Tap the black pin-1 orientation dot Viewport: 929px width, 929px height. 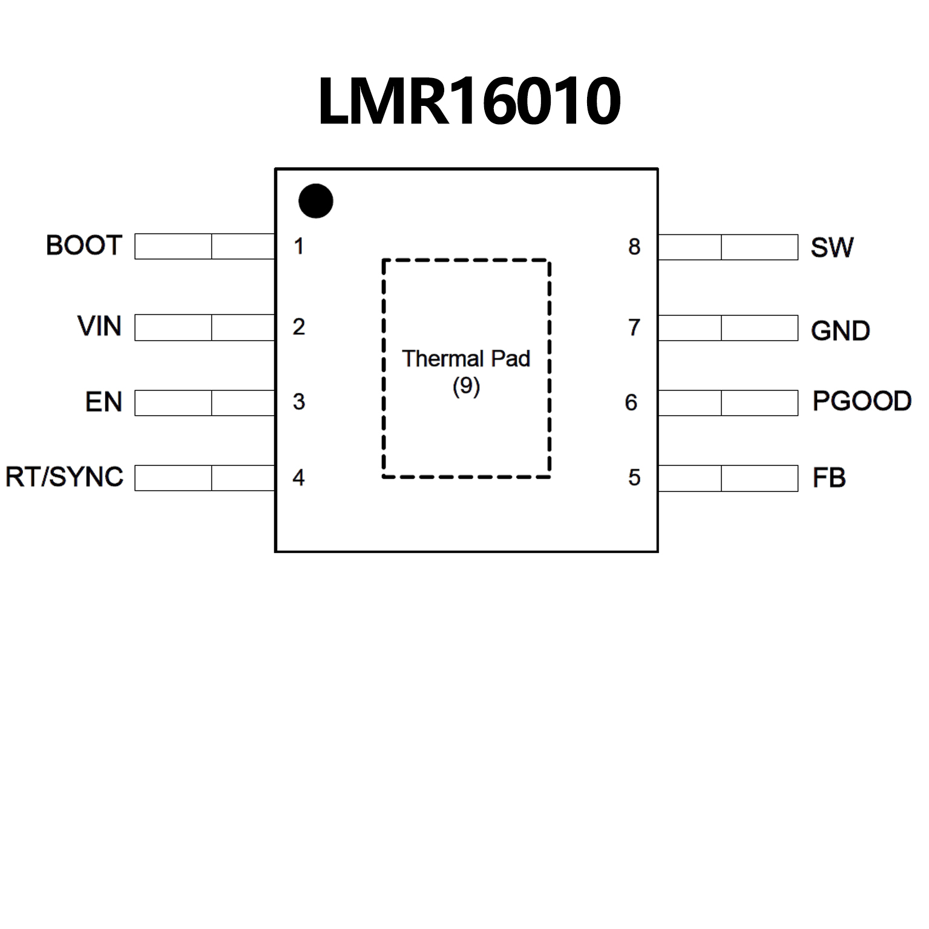pyautogui.click(x=315, y=201)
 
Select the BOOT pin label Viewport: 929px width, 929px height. pyautogui.click(x=84, y=246)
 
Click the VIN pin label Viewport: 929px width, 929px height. pyautogui.click(x=99, y=326)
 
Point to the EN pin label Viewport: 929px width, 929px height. pyautogui.click(x=103, y=402)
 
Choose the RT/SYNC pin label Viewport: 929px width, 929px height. pyautogui.click(x=64, y=477)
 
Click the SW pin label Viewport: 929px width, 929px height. pyautogui.click(x=832, y=247)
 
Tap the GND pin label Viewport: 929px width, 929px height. pyautogui.click(x=840, y=330)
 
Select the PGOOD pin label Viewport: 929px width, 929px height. pyautogui.click(x=862, y=401)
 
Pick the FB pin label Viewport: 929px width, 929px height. pyautogui.click(x=829, y=478)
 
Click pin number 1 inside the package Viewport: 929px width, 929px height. pyautogui.click(x=298, y=246)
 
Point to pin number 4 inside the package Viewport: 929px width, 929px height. pyautogui.click(x=298, y=478)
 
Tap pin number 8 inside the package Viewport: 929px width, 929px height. pyautogui.click(x=634, y=246)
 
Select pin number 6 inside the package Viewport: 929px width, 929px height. pyautogui.click(x=631, y=402)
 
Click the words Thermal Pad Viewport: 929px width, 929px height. pyautogui.click(x=466, y=358)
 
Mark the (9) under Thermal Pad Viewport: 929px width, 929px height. pyautogui.click(x=466, y=386)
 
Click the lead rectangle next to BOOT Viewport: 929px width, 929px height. pyautogui.click(x=205, y=246)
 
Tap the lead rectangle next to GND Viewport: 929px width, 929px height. pyautogui.click(x=728, y=328)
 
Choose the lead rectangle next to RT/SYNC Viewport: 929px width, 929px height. pyautogui.click(x=205, y=478)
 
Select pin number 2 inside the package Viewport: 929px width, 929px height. pyautogui.click(x=298, y=327)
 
